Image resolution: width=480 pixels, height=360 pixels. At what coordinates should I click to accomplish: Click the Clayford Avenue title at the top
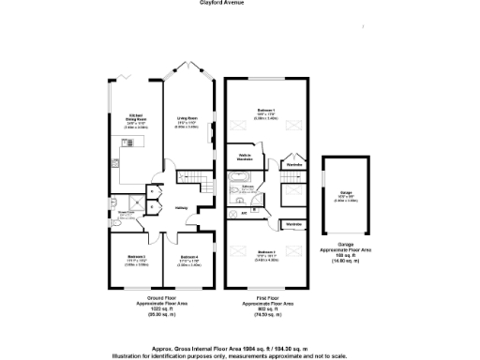click(x=240, y=4)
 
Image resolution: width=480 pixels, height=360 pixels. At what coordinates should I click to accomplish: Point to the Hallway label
click(x=183, y=209)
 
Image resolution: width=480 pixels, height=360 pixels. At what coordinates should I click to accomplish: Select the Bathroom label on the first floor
click(x=249, y=187)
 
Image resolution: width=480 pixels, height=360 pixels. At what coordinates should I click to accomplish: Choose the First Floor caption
click(x=269, y=301)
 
